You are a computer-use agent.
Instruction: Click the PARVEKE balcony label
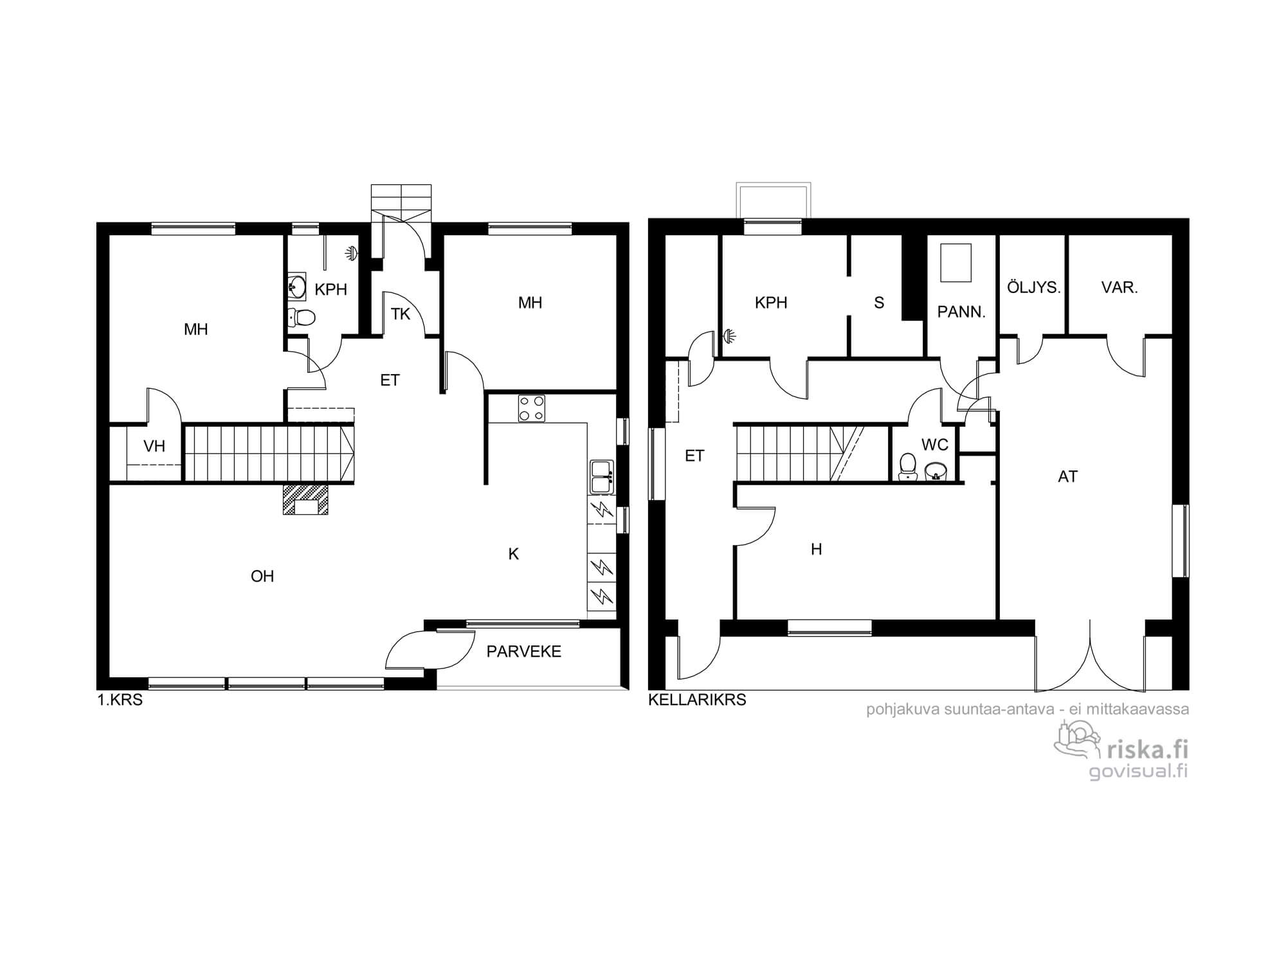(523, 652)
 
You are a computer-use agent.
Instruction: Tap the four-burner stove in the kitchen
(532, 408)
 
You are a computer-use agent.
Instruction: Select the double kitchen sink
(602, 476)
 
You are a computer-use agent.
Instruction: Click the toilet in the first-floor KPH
(301, 316)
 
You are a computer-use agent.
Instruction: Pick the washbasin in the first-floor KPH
(297, 286)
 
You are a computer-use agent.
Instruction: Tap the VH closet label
(154, 446)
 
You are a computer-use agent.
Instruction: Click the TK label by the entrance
(401, 314)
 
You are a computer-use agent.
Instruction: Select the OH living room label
(262, 576)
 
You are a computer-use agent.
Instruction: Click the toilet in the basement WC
(907, 467)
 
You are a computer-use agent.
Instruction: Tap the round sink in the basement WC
(936, 471)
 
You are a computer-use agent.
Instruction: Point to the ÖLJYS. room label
(1033, 287)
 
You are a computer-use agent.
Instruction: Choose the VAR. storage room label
(1119, 288)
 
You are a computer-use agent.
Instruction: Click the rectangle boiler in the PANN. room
(955, 263)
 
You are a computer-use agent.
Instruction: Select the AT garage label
(1067, 477)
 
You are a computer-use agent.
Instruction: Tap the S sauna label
(879, 303)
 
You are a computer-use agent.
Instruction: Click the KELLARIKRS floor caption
(697, 700)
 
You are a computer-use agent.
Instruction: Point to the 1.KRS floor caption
(120, 700)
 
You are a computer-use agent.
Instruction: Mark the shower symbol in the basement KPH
(729, 335)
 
